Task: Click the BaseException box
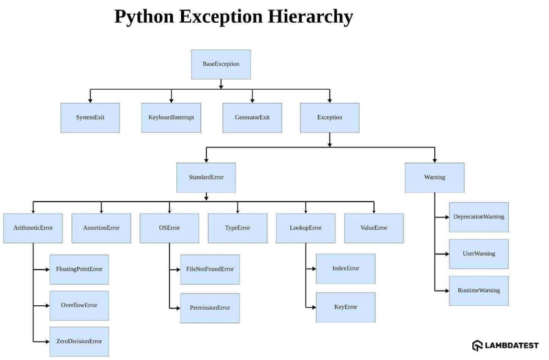[x=221, y=64]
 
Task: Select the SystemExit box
[x=91, y=118]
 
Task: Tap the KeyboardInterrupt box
[x=171, y=118]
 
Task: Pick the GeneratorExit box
[x=252, y=118]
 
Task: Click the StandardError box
[x=207, y=178]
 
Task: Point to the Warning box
[x=435, y=178]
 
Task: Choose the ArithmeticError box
[x=33, y=228]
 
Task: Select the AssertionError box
[x=102, y=228]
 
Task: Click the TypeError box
[x=237, y=228]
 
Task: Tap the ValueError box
[x=374, y=228]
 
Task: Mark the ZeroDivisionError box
[x=79, y=341]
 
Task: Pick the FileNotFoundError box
[x=210, y=269]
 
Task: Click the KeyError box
[x=346, y=307]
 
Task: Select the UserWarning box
[x=479, y=254]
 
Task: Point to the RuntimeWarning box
[x=479, y=291]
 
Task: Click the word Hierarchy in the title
[x=310, y=16]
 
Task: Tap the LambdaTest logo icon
[x=478, y=346]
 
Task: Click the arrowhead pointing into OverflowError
[x=47, y=306]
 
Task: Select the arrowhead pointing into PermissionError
[x=178, y=308]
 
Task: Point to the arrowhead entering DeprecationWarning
[x=447, y=217]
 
